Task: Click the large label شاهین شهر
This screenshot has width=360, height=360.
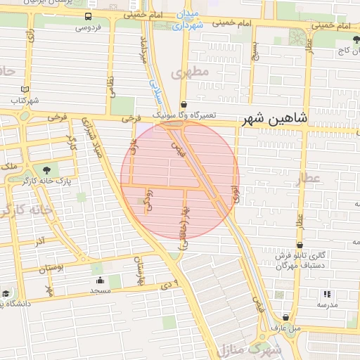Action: (275, 120)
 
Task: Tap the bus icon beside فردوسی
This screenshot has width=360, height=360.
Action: (88, 16)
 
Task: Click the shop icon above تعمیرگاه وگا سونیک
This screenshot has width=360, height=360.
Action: (184, 103)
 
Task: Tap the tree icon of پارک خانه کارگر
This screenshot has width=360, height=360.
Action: (47, 169)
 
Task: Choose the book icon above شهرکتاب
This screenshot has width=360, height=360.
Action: (25, 90)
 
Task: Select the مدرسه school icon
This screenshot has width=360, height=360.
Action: (326, 294)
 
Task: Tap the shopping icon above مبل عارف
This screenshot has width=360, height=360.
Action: (285, 317)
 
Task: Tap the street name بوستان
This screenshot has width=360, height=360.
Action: (51, 268)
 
